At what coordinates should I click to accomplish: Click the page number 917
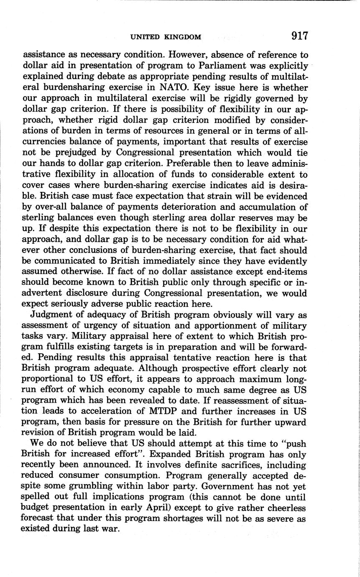point(300,36)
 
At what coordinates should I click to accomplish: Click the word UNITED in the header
point(146,37)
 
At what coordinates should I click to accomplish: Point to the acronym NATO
point(176,88)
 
